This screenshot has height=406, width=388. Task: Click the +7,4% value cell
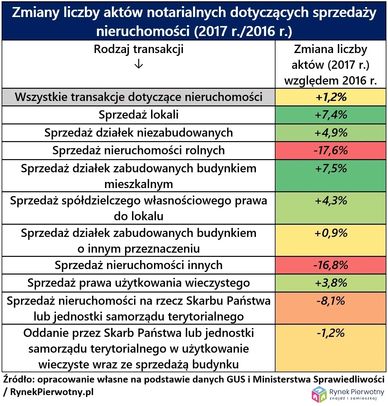click(x=331, y=115)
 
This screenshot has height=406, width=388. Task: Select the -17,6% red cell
click(x=331, y=150)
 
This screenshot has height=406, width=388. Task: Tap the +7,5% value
click(x=331, y=168)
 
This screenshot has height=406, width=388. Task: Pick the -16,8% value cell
click(x=331, y=265)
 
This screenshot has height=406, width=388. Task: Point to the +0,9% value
click(x=331, y=233)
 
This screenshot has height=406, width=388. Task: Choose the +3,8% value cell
click(x=331, y=283)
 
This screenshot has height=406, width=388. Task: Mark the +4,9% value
click(x=331, y=133)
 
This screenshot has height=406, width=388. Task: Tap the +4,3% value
click(x=331, y=201)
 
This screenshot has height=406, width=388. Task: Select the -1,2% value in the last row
click(x=331, y=333)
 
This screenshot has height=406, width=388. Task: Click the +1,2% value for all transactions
click(x=331, y=97)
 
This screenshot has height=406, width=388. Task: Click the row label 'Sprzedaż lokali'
click(x=139, y=115)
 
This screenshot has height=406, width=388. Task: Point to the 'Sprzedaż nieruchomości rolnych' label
click(x=139, y=150)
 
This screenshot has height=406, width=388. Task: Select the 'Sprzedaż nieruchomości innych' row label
click(x=139, y=265)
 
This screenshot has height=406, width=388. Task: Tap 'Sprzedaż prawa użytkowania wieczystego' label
click(x=139, y=283)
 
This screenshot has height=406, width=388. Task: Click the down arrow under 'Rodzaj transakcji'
click(x=139, y=65)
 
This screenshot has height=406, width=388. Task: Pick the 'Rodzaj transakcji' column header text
click(x=139, y=50)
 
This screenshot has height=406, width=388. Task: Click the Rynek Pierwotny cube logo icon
click(x=319, y=394)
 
